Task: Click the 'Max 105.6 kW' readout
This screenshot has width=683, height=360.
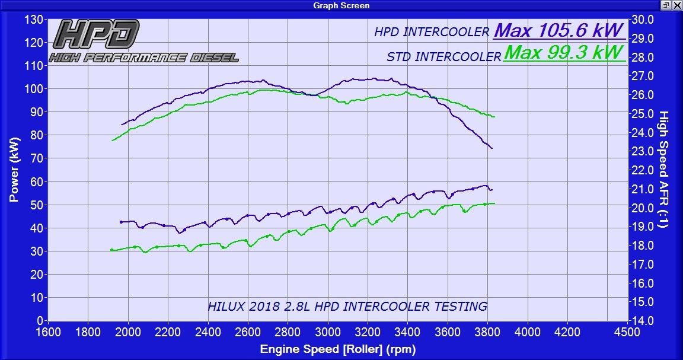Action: pyautogui.click(x=558, y=30)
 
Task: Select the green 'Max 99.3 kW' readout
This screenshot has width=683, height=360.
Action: pyautogui.click(x=564, y=53)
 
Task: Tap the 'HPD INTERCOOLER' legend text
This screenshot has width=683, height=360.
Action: pyautogui.click(x=432, y=33)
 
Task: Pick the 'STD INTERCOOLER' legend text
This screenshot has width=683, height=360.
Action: pyautogui.click(x=443, y=57)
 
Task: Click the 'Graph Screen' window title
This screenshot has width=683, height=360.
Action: pyautogui.click(x=341, y=5)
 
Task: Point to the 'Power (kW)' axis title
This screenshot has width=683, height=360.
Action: pyautogui.click(x=14, y=170)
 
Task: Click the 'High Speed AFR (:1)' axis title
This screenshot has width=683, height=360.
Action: pyautogui.click(x=663, y=170)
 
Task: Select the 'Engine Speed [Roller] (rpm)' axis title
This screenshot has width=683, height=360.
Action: pyautogui.click(x=337, y=349)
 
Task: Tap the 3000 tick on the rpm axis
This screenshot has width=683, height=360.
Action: pyautogui.click(x=327, y=332)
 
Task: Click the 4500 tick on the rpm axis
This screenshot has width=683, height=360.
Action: pyautogui.click(x=627, y=332)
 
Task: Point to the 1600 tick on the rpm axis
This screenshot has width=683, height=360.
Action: pyautogui.click(x=48, y=332)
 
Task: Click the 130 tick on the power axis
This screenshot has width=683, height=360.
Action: pyautogui.click(x=34, y=20)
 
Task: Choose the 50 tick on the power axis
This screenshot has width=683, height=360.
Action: pyautogui.click(x=37, y=205)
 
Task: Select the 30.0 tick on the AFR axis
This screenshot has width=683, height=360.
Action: pyautogui.click(x=642, y=20)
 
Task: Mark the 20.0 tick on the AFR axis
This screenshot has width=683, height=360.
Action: pyautogui.click(x=642, y=208)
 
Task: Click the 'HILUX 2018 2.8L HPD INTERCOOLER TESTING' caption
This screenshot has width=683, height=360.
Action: pyautogui.click(x=347, y=307)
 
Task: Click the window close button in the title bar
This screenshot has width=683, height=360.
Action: pyautogui.click(x=676, y=5)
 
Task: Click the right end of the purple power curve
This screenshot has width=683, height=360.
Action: pyautogui.click(x=491, y=148)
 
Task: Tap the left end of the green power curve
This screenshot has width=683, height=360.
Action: pyautogui.click(x=112, y=141)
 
